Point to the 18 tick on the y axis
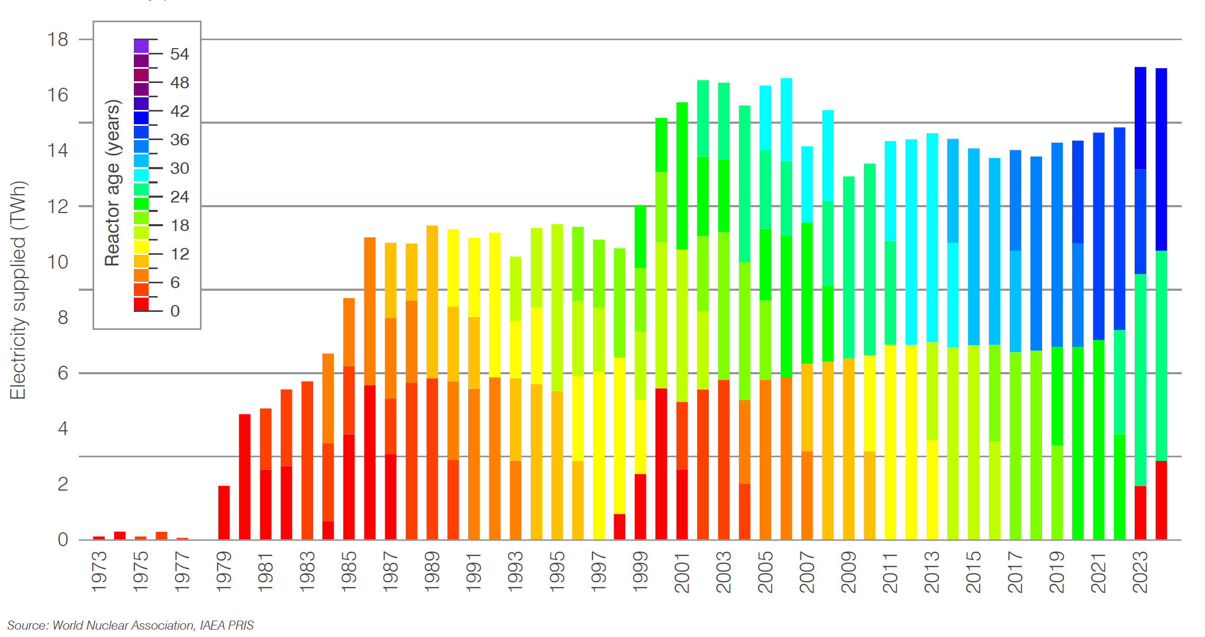coord(58,40)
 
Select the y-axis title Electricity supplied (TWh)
coord(18,290)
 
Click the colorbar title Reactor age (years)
coord(112,182)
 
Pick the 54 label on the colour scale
coord(179,54)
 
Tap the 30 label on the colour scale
coord(179,168)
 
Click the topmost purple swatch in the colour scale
coord(141,47)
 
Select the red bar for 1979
coord(224,512)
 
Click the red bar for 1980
coord(244,476)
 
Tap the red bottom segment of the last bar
coord(1161,500)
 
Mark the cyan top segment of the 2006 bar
coord(786,119)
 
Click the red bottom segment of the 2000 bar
coord(661,464)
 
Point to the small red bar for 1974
coord(120,535)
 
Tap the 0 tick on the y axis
coord(63,540)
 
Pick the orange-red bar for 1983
coord(307,460)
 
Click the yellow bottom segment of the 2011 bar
coord(890,441)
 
